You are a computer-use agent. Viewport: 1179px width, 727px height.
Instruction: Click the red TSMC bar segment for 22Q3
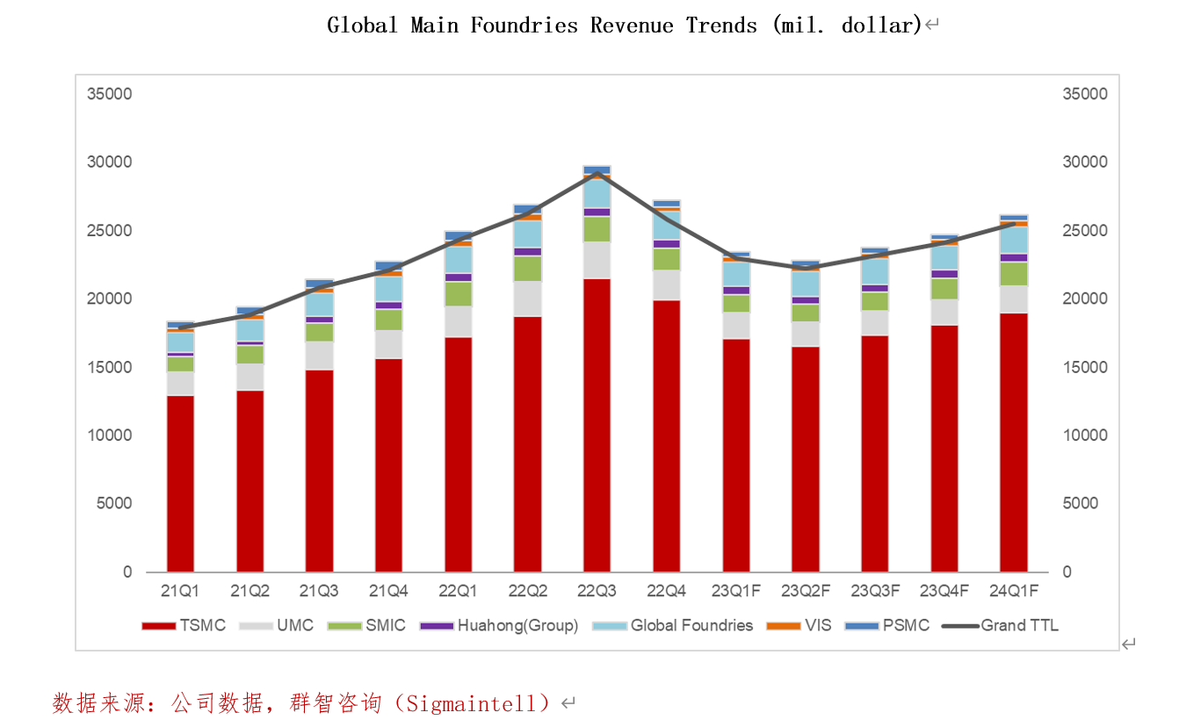pos(597,425)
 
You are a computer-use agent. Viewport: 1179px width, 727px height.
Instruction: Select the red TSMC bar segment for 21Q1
pos(180,484)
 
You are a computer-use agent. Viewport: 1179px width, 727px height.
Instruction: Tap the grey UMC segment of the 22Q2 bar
pos(528,299)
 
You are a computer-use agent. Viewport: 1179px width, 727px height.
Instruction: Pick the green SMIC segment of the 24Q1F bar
pos(1014,274)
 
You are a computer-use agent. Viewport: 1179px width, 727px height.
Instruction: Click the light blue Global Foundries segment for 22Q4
pos(667,226)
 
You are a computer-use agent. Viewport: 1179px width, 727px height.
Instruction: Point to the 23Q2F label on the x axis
pos(805,592)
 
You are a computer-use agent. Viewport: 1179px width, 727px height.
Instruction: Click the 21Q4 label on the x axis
pos(388,592)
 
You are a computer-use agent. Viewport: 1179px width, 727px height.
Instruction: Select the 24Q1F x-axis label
pos(1014,592)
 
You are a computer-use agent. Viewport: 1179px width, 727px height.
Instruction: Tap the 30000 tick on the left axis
pos(110,162)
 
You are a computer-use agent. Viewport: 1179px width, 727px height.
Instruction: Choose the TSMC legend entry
pos(184,626)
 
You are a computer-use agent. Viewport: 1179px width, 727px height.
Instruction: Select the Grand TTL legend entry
pos(1001,626)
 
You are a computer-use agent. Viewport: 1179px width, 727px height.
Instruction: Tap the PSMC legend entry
pos(887,626)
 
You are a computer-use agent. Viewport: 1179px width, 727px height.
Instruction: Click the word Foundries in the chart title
pos(524,25)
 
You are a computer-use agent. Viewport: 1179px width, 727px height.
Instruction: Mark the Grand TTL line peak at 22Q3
pos(597,173)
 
